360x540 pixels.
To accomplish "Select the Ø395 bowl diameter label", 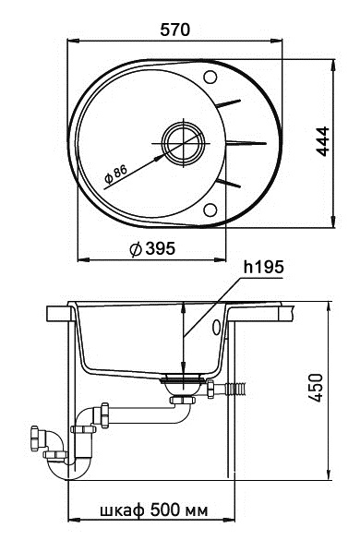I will (153, 247).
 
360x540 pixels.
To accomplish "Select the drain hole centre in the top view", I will (181, 143).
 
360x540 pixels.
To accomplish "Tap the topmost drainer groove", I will (232, 103).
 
